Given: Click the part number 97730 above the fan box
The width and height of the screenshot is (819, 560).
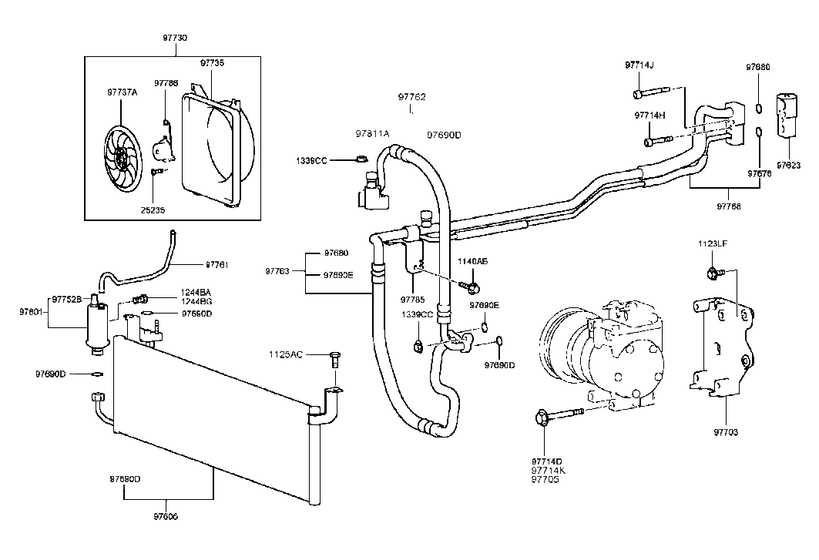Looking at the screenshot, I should tap(175, 38).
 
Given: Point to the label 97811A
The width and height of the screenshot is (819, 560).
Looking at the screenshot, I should tap(372, 133).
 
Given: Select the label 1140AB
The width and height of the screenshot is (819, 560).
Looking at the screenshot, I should tap(472, 261).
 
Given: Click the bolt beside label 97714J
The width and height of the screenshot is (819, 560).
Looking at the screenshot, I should tap(650, 94).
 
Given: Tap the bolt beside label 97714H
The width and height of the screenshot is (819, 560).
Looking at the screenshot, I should tap(657, 141).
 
